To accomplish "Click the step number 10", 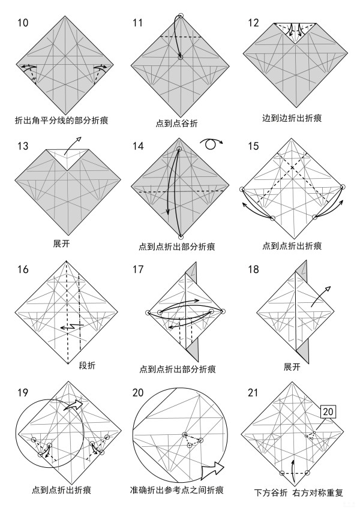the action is [23, 23].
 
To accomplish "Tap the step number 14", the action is [138, 146].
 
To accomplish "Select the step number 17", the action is [138, 269].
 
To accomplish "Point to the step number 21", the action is [253, 393].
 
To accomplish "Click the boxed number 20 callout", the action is [328, 411].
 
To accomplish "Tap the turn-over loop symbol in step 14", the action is [211, 143].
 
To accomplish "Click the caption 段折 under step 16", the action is [88, 365].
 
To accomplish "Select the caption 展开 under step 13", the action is [61, 244].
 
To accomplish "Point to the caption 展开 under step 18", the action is [292, 367].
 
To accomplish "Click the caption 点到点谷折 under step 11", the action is [176, 123].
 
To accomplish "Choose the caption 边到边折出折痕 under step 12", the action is [292, 118].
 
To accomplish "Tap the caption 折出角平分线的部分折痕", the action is [62, 121].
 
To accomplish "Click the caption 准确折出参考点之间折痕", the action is [177, 490].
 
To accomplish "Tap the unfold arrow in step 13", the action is [73, 145].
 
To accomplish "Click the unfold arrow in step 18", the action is [320, 296].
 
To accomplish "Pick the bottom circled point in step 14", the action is [181, 237].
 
